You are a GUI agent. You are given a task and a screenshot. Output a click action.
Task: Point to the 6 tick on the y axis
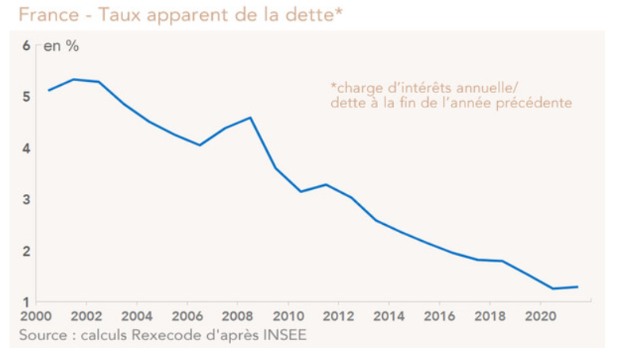(x=26, y=46)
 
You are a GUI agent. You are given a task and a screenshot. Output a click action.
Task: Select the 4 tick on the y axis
(x=26, y=149)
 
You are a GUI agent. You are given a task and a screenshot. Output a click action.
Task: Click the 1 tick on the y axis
(x=26, y=302)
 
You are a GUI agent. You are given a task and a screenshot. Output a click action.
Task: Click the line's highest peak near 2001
(x=73, y=79)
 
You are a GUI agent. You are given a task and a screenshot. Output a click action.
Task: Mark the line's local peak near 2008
(x=250, y=118)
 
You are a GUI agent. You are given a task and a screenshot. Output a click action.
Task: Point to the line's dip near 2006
(x=199, y=145)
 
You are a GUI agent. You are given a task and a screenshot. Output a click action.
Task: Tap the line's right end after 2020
(x=578, y=287)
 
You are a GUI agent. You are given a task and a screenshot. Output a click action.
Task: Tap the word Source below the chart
(x=44, y=336)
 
